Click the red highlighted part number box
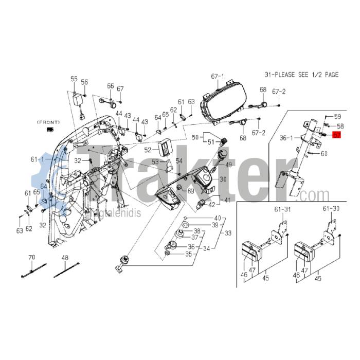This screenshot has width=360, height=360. point(337,135)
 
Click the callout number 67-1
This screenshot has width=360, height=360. point(219,77)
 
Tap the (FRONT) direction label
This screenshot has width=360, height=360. point(48,122)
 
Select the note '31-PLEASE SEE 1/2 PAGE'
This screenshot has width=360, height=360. point(301,75)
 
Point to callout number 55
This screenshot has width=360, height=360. point(74,79)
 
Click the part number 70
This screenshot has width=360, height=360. point(31,257)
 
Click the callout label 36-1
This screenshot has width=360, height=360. point(286,138)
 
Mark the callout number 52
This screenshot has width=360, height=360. point(148,150)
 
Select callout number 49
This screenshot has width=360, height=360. point(229,165)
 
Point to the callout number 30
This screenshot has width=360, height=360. point(223,179)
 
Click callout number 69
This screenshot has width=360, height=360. point(190,191)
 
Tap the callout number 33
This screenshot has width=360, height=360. point(223,232)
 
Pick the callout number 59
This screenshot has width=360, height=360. point(338,116)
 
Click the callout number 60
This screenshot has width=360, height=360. point(323,153)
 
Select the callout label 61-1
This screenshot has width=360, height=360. point(37,159)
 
